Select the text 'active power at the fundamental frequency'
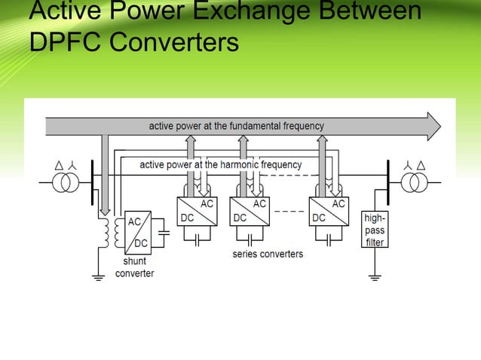tap(236, 126)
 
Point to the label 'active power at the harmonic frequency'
tap(220, 164)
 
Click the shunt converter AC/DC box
tap(138, 233)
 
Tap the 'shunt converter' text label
tap(134, 267)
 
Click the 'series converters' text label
tap(267, 255)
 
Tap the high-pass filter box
tap(375, 228)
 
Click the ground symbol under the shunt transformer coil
tap(97, 277)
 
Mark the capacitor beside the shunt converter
tap(165, 233)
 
